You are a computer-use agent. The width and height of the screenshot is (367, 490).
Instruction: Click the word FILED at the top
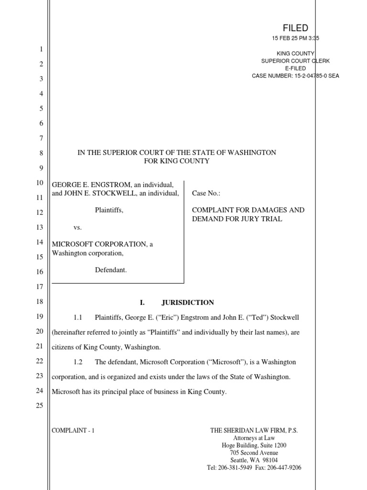point(296,28)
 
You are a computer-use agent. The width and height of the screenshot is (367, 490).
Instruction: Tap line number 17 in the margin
point(40,287)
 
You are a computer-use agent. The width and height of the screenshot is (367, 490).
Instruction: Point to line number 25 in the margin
point(40,406)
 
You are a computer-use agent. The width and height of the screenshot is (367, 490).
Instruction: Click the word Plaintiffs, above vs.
point(109,210)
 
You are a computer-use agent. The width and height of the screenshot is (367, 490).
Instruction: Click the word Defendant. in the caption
point(111,270)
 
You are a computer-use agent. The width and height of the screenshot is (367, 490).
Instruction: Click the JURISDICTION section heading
point(188,302)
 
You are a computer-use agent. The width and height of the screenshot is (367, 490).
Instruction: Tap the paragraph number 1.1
point(78,317)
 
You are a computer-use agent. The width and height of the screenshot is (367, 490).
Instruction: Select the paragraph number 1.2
point(78,362)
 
